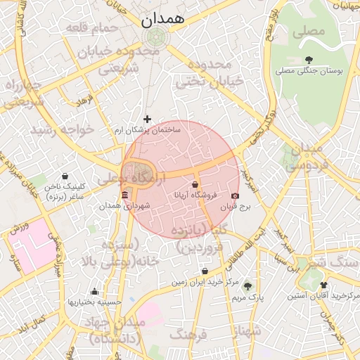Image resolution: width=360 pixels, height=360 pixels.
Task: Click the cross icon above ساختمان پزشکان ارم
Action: (x=147, y=119)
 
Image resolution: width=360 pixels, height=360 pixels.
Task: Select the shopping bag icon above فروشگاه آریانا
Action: (x=195, y=184)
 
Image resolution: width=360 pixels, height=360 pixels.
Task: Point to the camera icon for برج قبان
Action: (x=234, y=196)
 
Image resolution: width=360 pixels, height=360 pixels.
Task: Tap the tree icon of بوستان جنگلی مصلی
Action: (x=309, y=59)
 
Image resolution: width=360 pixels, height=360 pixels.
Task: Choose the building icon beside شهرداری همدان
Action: (x=124, y=194)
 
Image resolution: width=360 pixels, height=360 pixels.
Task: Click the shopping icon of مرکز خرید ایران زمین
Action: (x=205, y=271)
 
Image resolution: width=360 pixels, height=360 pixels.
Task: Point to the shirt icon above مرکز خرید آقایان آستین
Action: (x=323, y=285)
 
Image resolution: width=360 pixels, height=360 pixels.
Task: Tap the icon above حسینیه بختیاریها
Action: (x=94, y=292)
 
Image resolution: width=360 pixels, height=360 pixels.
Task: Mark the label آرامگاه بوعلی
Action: (x=137, y=178)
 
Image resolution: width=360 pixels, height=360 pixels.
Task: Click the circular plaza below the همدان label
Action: (x=154, y=37)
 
